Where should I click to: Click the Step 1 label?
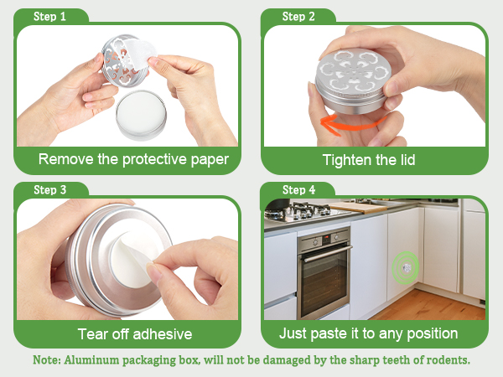click(x=49, y=17)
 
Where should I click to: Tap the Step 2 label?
click(x=298, y=17)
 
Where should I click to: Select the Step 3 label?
click(x=50, y=190)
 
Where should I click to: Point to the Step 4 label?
click(x=298, y=190)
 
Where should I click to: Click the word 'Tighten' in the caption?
click(x=346, y=160)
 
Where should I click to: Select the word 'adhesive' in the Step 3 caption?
click(x=163, y=334)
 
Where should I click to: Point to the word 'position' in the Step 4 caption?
click(x=432, y=334)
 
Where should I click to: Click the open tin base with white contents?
click(x=141, y=115)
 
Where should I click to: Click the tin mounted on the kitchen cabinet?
click(x=407, y=267)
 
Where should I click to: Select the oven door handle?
click(x=327, y=254)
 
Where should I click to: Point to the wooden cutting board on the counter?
click(x=360, y=207)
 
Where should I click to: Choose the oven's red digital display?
click(x=327, y=237)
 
